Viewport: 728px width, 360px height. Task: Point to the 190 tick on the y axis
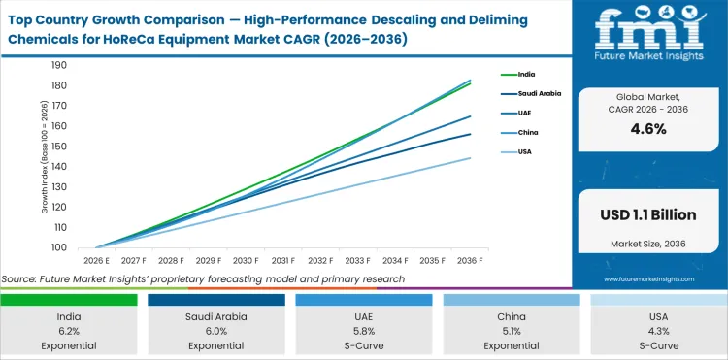[x=58, y=65]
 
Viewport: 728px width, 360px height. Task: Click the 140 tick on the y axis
[x=58, y=167]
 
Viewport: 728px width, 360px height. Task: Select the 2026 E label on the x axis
[x=96, y=261]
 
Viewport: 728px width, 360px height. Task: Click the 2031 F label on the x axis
[x=283, y=261]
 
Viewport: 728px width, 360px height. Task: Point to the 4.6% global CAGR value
[x=648, y=129]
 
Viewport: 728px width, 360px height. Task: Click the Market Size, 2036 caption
[x=648, y=243]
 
